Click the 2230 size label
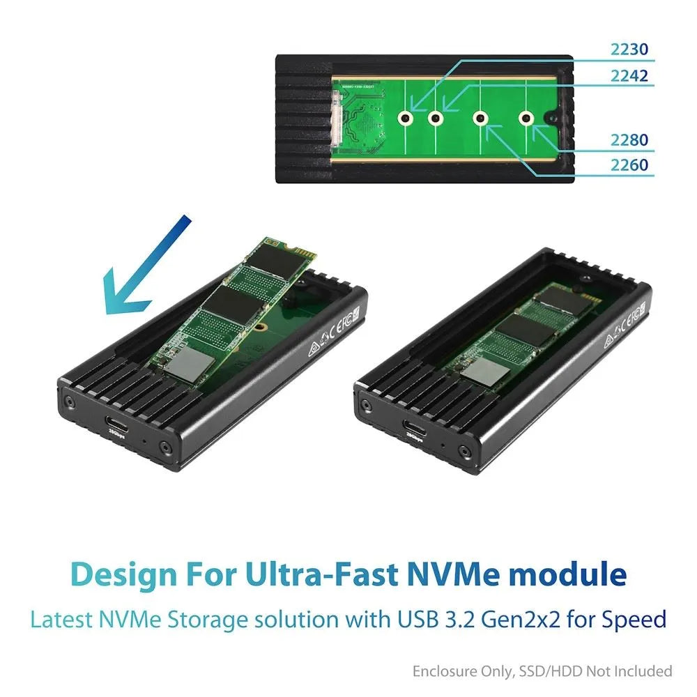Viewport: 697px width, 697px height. (x=629, y=49)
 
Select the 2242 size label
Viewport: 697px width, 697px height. (x=629, y=77)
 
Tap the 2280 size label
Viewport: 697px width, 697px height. (x=629, y=141)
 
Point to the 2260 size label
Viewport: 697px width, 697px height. (x=629, y=166)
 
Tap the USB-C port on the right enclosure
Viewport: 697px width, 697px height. (x=413, y=423)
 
